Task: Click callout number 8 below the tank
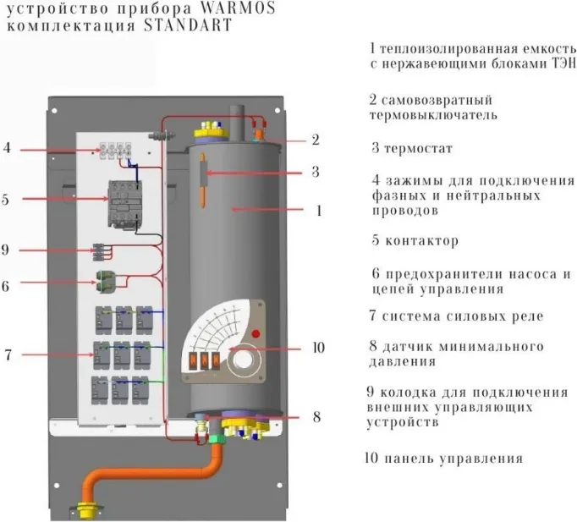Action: coord(316,416)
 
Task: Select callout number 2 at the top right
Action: coord(315,140)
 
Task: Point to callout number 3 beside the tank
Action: coord(315,172)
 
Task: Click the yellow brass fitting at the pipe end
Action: coord(86,511)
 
